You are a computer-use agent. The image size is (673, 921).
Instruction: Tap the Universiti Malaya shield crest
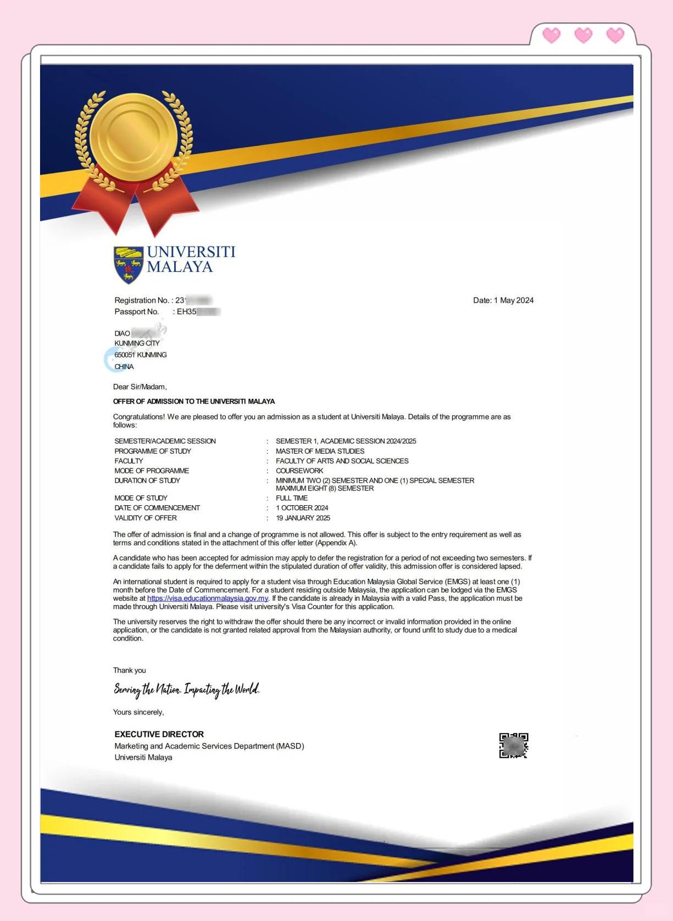(128, 264)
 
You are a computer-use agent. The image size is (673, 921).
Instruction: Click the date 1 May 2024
(503, 300)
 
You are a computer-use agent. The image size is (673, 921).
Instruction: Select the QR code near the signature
(514, 745)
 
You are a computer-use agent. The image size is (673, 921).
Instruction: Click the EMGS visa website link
(208, 598)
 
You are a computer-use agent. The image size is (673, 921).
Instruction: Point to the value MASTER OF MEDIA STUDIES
(320, 451)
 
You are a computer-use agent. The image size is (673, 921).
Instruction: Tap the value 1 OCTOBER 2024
(302, 508)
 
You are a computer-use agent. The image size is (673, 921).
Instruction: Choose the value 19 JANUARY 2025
(303, 518)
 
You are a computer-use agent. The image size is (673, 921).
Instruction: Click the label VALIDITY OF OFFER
(146, 518)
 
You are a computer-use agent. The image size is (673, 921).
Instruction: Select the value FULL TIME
(292, 498)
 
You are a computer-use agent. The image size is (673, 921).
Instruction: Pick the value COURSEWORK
(299, 471)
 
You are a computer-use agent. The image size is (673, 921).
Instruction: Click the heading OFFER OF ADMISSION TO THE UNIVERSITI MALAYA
(194, 401)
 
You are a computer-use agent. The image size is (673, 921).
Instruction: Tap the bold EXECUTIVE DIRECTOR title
(159, 734)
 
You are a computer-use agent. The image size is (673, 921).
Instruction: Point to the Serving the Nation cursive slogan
(187, 689)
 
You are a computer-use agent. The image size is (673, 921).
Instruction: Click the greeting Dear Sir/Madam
(140, 387)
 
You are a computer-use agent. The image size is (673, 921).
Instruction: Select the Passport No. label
(137, 312)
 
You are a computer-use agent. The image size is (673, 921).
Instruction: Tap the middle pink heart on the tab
(583, 36)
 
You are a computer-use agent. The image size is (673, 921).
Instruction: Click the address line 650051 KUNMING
(141, 355)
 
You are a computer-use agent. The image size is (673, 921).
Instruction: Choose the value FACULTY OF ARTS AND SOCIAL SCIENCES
(342, 461)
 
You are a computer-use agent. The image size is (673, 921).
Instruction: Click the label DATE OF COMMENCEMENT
(157, 508)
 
